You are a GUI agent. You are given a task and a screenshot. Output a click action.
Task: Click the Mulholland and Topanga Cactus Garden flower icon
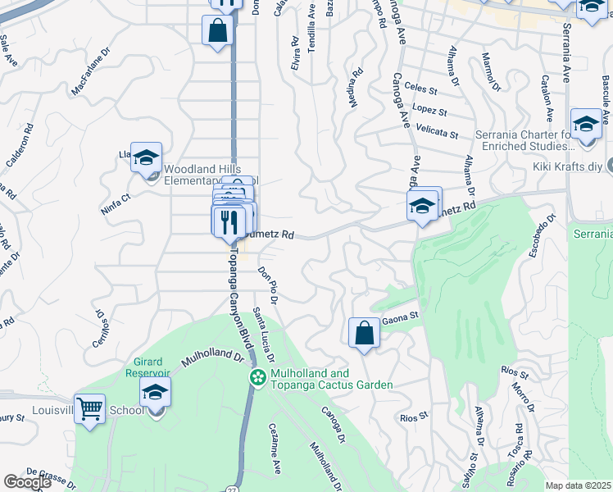coord(257,377)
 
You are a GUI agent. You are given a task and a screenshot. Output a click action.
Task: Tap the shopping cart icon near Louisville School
coord(89,408)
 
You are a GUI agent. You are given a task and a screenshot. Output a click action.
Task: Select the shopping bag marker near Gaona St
coord(364,333)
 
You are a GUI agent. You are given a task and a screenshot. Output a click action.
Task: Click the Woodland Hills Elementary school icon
coord(146,157)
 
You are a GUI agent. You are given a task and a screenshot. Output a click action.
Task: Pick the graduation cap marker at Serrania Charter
coord(585,124)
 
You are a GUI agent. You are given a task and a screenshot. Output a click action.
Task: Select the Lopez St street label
coord(429,111)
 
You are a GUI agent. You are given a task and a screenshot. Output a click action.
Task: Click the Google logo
coord(27,481)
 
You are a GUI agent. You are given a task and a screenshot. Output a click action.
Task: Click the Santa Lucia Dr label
coord(263,335)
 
